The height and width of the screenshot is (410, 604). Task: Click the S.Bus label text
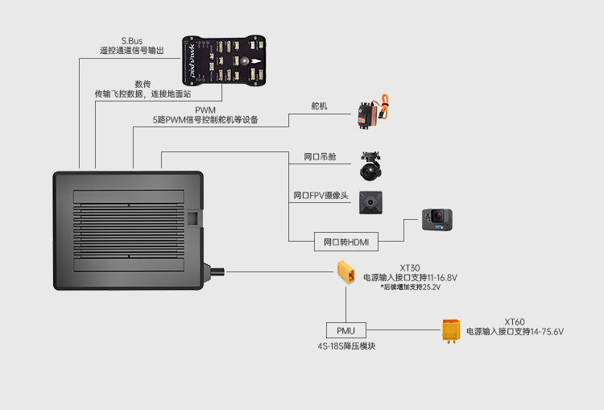(132, 39)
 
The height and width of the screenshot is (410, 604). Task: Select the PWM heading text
(205, 110)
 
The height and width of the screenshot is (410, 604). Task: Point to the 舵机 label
(320, 106)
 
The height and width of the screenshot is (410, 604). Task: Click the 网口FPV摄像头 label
(321, 196)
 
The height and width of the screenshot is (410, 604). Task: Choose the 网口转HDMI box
(345, 241)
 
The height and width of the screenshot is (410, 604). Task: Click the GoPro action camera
(437, 219)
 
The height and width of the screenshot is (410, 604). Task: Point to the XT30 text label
(410, 267)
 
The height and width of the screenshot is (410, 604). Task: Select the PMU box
(345, 329)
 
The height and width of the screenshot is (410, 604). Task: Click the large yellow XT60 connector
(451, 330)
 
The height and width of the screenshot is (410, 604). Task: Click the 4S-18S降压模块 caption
(345, 346)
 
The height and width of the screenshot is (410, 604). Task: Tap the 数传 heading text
(143, 84)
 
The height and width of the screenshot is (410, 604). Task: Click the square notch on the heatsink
(193, 217)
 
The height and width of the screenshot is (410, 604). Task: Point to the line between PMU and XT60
(402, 329)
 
